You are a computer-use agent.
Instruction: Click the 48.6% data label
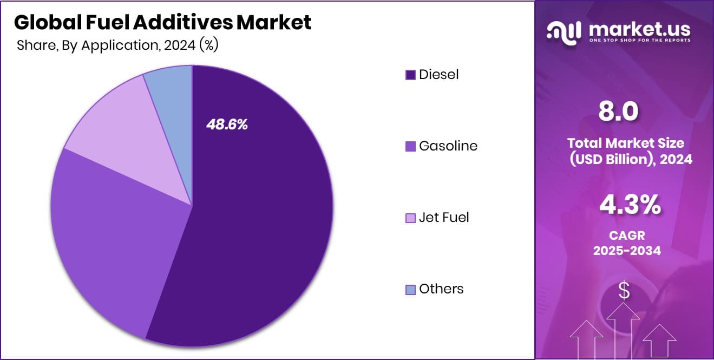point(227,125)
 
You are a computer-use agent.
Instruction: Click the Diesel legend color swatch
point(410,75)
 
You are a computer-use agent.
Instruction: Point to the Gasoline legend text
point(448,146)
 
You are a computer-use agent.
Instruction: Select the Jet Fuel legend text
point(444,217)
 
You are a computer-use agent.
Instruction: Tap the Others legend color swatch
point(410,289)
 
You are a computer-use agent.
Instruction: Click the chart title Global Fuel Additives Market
point(162,22)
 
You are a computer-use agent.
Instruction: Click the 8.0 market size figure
point(619,111)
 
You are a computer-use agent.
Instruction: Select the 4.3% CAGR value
point(630,205)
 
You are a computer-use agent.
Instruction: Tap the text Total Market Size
point(626,143)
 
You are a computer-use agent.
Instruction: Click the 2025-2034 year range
point(627,251)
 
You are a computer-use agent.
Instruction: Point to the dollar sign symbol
point(624,291)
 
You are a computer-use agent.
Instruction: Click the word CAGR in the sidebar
point(627,236)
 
